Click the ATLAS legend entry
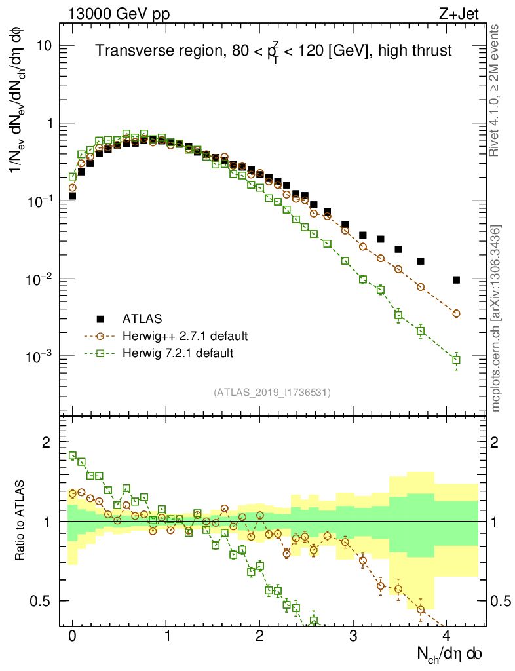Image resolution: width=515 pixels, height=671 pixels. pyautogui.click(x=141, y=320)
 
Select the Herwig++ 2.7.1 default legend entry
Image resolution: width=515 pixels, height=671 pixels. pyautogui.click(x=185, y=337)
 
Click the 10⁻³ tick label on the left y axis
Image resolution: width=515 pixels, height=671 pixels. pyautogui.click(x=38, y=356)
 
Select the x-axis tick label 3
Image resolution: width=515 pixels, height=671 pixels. pyautogui.click(x=354, y=636)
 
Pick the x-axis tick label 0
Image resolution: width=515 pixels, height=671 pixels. pyautogui.click(x=73, y=636)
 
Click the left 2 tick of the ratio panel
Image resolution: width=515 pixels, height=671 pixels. pyautogui.click(x=46, y=442)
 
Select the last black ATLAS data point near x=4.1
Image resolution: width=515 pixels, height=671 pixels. pyautogui.click(x=456, y=280)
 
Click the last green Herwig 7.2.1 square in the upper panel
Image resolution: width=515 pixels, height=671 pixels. pyautogui.click(x=456, y=360)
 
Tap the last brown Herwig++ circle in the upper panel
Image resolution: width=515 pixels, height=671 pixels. pyautogui.click(x=456, y=314)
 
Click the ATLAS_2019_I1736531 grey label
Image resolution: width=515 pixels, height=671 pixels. pyautogui.click(x=272, y=393)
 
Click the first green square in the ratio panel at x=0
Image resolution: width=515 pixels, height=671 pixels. pyautogui.click(x=73, y=455)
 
